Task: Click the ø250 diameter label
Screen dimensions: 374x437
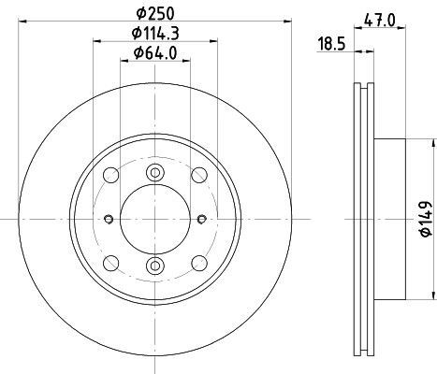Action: (155, 12)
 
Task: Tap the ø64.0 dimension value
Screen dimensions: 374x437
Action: (155, 53)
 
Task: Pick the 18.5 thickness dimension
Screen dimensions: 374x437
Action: (330, 44)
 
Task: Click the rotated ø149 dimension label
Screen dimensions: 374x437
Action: (424, 219)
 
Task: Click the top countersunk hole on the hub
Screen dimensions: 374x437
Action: (155, 172)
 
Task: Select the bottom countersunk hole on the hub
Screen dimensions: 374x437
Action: (155, 267)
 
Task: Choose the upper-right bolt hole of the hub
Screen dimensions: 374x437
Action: (198, 176)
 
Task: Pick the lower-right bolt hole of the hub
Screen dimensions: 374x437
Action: (198, 264)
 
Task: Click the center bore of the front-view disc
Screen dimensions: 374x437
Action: (155, 220)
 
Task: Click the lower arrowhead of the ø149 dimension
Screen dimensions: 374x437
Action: (434, 295)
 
